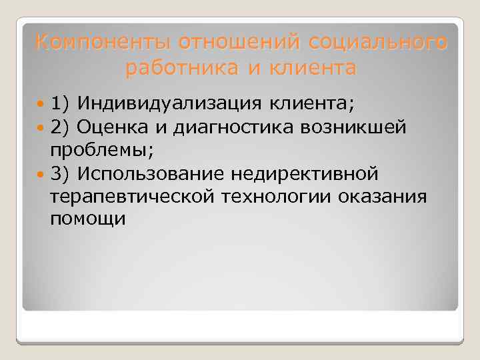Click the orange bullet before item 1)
click(42, 103)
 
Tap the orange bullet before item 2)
click(42, 127)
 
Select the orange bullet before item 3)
click(42, 173)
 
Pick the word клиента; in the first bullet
click(314, 103)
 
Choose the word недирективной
click(305, 173)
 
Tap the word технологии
click(279, 197)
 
